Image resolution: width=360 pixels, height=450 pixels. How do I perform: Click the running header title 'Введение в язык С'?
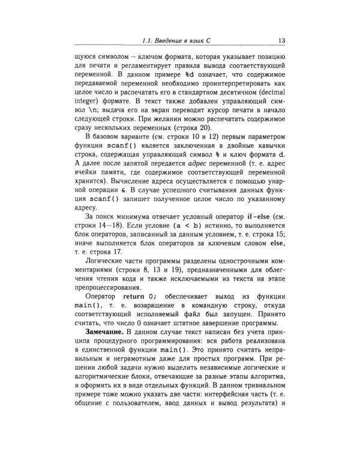189,41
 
